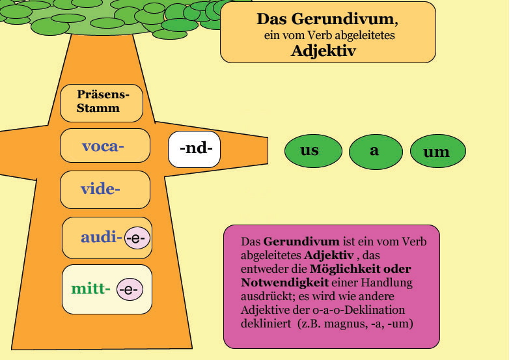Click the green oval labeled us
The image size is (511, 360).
(313, 151)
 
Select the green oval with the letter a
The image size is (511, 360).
(376, 152)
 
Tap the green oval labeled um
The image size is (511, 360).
(438, 151)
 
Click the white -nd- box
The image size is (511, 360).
(194, 149)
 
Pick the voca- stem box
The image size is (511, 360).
(105, 146)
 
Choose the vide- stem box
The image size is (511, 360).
(105, 189)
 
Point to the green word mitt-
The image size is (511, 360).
(90, 288)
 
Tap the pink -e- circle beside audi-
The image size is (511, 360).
(137, 238)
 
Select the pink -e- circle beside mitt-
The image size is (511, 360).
(130, 289)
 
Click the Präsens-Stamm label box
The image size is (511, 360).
(102, 104)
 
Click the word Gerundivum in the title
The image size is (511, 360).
(342, 19)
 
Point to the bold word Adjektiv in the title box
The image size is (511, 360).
(324, 51)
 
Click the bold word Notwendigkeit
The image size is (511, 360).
(285, 283)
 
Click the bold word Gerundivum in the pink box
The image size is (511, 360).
(301, 242)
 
